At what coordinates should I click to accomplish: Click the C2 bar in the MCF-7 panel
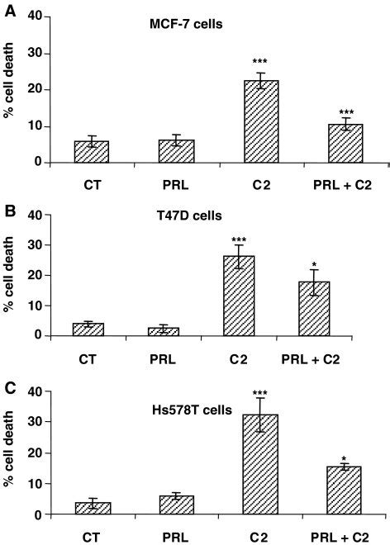pos(261,121)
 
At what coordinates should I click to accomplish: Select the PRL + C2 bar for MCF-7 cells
pos(345,143)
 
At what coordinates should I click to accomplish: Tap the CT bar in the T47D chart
pos(88,329)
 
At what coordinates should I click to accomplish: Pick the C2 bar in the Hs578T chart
pos(260,464)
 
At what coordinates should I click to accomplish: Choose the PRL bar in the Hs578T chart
pos(177,505)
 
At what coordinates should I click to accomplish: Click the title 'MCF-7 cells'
pos(186,24)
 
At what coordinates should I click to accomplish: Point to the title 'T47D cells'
pos(189,216)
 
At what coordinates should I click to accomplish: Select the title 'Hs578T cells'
pos(192,410)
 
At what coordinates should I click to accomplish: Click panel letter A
pos(11,12)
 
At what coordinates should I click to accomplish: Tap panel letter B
pos(11,211)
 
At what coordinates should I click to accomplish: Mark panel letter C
pos(11,388)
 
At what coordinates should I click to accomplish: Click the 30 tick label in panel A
pos(35,53)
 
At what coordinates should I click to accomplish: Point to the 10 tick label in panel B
pos(35,306)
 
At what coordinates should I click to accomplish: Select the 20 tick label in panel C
pos(35,453)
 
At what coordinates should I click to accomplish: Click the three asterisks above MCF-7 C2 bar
pos(260,62)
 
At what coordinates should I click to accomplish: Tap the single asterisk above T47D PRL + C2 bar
pos(315,263)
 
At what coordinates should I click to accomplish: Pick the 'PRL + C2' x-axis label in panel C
pos(340,537)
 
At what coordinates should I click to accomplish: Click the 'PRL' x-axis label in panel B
pos(163,358)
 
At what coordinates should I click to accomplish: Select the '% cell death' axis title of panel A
pos(8,80)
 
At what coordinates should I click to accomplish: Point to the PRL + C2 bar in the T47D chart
pos(314,309)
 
